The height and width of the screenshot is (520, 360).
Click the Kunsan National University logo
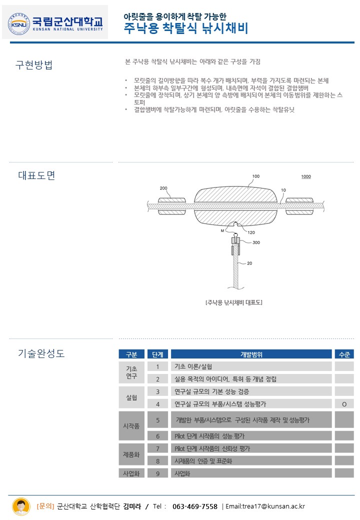coord(55,22)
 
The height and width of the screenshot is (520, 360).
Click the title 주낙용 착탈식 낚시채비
coord(186,27)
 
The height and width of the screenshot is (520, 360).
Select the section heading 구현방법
coord(34,65)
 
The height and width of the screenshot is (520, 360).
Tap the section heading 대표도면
coord(36,175)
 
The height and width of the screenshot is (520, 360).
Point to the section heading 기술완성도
coord(41,353)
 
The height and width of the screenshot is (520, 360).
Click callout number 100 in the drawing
coord(256,176)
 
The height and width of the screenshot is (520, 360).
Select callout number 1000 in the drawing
coord(305,176)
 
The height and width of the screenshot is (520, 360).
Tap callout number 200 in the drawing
coord(163,188)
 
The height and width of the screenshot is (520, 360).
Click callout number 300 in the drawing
coord(256,242)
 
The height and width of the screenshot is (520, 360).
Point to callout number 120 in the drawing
coord(251,232)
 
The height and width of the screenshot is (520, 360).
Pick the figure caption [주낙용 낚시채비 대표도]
coord(233,302)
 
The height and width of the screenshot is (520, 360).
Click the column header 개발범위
coord(251,354)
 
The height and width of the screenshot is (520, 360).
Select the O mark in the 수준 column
coord(344,404)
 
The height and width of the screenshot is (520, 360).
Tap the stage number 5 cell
coord(158,420)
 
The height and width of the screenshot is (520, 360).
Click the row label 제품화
coord(131,454)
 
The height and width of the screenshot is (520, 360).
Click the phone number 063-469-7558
coord(195,506)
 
